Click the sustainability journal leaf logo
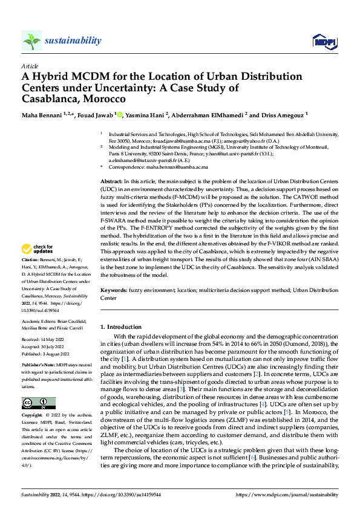pyautogui.click(x=31, y=41)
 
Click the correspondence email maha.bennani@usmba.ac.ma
pyautogui.click(x=173, y=166)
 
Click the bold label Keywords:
pyautogui.click(x=114, y=290)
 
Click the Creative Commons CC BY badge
pyautogui.click(x=38, y=403)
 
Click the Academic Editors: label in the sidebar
pyautogui.click(x=41, y=322)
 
